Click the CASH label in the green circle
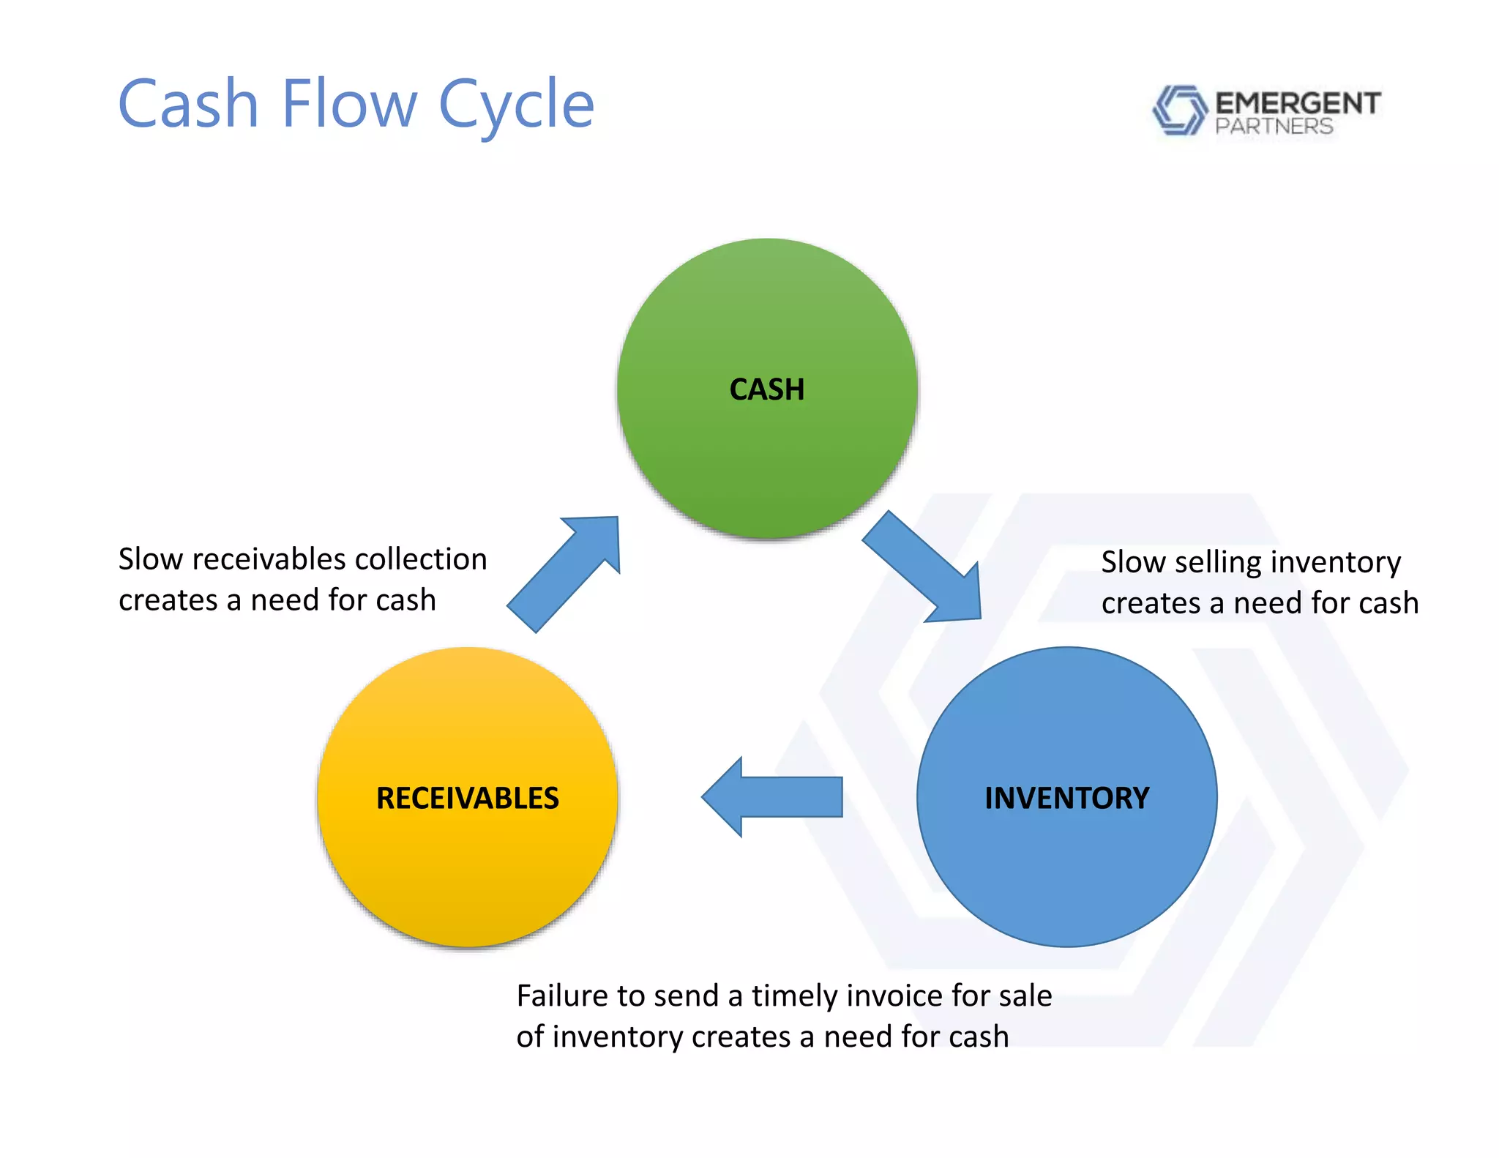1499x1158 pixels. coord(766,389)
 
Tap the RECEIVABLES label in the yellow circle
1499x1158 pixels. coord(467,798)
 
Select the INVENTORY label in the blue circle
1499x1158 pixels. coord(1066,798)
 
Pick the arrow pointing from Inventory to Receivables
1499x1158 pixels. coord(772,796)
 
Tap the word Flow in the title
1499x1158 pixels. coord(348,104)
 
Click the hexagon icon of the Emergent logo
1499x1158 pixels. coord(1178,110)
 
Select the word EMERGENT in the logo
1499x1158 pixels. coord(1298,103)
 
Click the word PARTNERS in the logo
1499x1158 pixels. coord(1274,127)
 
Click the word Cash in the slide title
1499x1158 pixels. coord(189,104)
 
